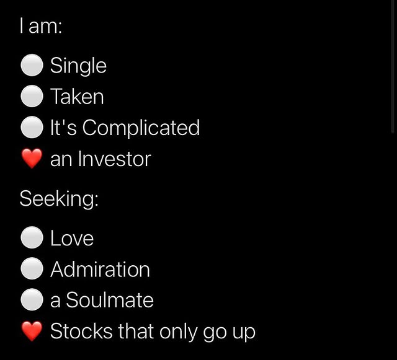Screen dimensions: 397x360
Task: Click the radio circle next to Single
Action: [x=32, y=65]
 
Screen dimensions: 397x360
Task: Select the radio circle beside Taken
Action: [x=32, y=96]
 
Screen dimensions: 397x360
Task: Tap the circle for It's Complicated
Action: [x=32, y=127]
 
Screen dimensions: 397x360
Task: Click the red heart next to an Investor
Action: [x=32, y=159]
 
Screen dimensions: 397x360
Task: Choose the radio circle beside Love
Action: [x=32, y=237]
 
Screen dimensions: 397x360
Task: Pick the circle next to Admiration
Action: [x=32, y=268]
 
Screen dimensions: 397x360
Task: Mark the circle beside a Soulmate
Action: [x=32, y=299]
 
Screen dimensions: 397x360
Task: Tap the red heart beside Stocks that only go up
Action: [x=32, y=331]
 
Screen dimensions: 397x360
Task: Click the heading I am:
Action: [x=41, y=26]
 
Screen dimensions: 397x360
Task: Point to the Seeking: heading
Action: [x=59, y=199]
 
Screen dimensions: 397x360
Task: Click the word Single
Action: [x=78, y=66]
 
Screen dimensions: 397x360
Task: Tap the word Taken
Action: [x=77, y=97]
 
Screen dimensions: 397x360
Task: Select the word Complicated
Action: [x=141, y=128]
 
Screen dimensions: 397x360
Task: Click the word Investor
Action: [x=115, y=159]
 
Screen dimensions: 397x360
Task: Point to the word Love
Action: [x=72, y=238]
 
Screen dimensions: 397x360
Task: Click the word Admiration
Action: [x=100, y=269]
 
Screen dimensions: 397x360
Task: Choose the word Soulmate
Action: [x=110, y=300]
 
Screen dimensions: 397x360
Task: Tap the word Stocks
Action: [x=81, y=331]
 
